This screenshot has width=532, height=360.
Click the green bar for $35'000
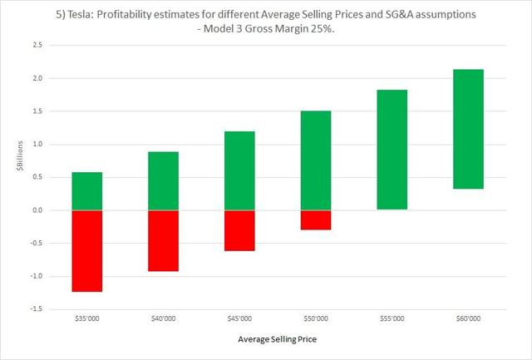tap(86, 191)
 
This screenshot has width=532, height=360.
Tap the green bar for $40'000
tap(163, 181)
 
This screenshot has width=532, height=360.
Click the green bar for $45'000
tap(239, 170)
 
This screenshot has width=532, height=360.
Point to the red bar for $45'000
tap(239, 230)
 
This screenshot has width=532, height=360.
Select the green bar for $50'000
tap(316, 160)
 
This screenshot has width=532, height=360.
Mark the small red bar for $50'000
tap(316, 219)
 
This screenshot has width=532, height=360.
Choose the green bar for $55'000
tap(392, 150)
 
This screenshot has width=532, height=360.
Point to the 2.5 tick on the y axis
tap(37, 45)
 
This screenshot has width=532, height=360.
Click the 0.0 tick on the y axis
tap(37, 210)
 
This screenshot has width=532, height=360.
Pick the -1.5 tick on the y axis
tap(35, 309)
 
